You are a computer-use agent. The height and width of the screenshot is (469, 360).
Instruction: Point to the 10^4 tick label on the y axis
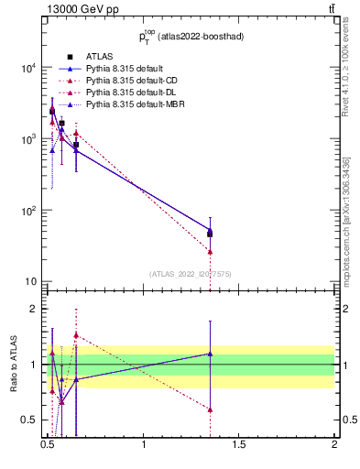29,68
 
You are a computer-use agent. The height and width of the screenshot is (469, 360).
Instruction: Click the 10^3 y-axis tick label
29,139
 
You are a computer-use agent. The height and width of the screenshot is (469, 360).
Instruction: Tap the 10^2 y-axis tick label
29,211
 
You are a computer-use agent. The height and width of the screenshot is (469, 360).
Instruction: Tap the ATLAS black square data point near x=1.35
210,234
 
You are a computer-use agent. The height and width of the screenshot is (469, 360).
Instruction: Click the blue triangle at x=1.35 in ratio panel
210,354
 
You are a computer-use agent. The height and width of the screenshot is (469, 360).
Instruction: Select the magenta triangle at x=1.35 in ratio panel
210,409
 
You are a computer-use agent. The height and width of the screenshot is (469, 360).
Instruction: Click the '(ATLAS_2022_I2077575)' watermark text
191,273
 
